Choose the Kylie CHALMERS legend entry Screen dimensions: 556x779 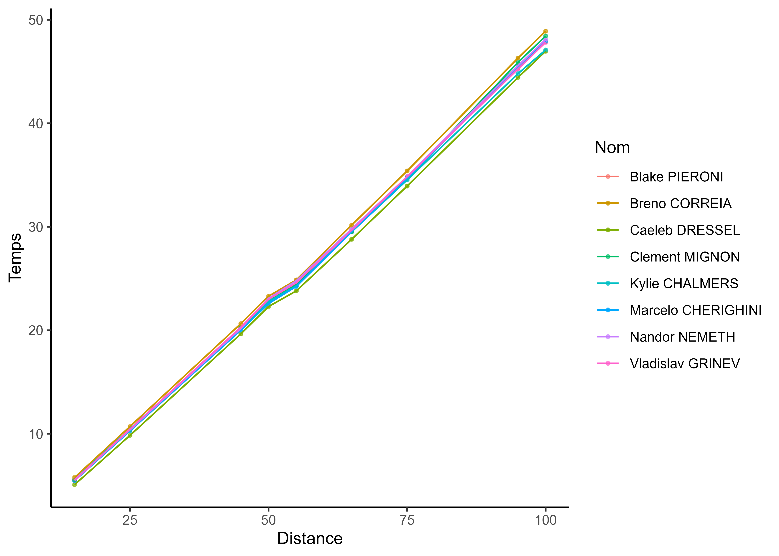pyautogui.click(x=684, y=284)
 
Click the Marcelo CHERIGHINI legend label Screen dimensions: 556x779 pyautogui.click(x=695, y=310)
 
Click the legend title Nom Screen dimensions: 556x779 pyautogui.click(x=612, y=148)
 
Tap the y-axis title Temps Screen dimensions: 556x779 pyautogui.click(x=15, y=257)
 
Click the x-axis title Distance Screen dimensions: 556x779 pyautogui.click(x=310, y=539)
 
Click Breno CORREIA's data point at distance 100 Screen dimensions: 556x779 pyautogui.click(x=545, y=31)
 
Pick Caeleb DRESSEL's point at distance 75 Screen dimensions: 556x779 pyautogui.click(x=407, y=186)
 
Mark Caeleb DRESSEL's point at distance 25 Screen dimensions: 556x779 pyautogui.click(x=130, y=435)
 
